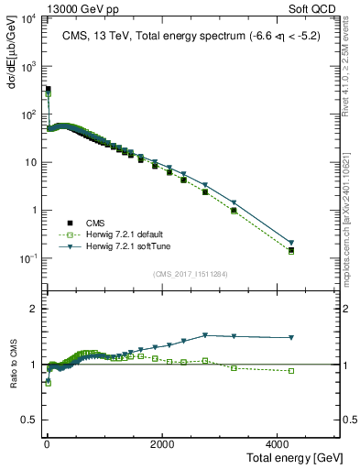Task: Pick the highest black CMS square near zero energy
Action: click(48, 89)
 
